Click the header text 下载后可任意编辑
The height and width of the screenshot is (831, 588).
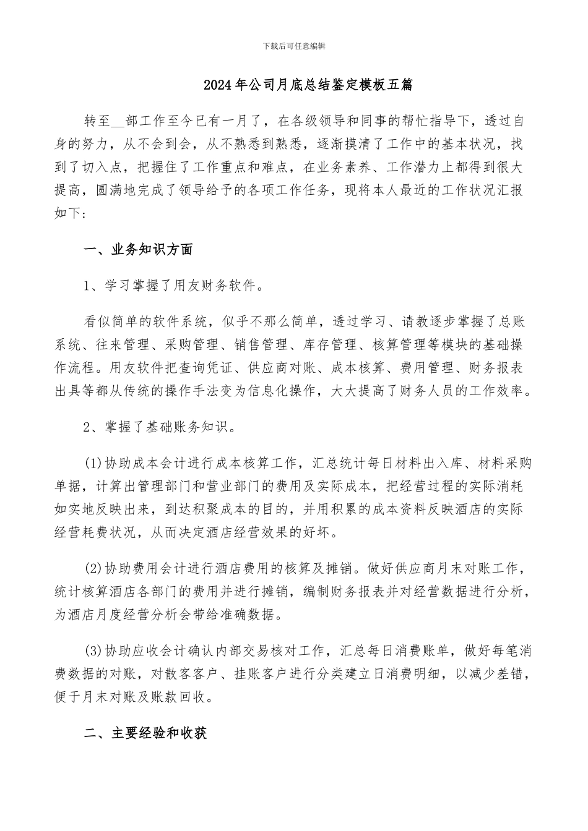point(294,46)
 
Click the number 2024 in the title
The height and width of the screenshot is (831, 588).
point(217,85)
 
